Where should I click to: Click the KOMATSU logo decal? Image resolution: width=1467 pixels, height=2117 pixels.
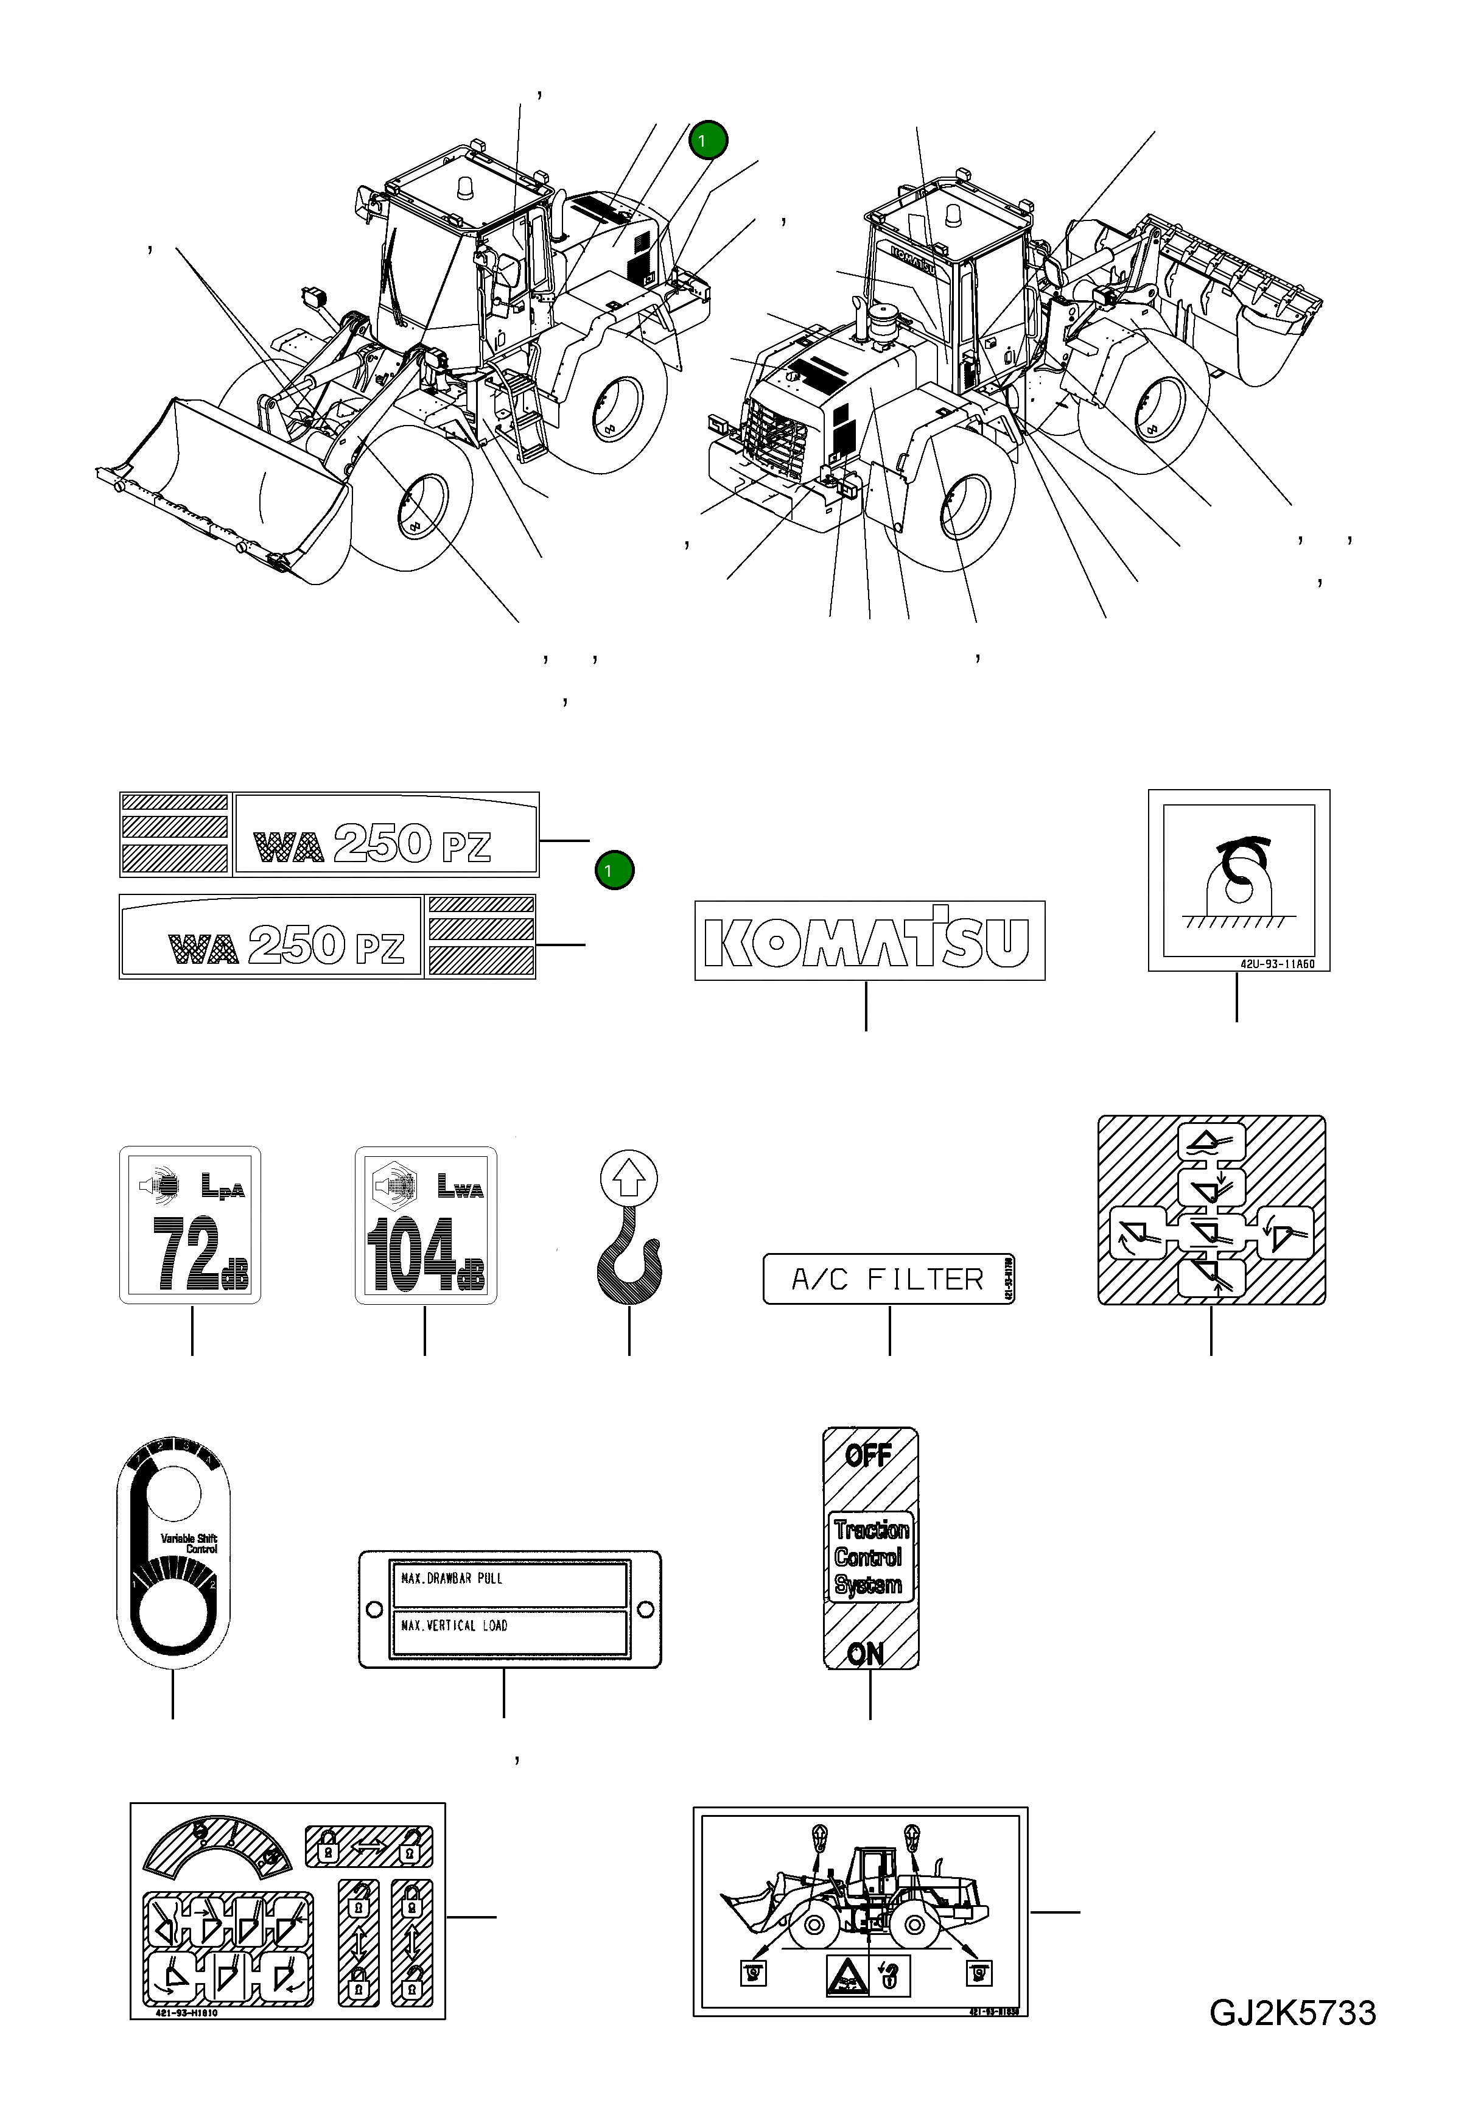(x=869, y=940)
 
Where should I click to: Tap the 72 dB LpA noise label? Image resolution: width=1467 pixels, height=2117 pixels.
(x=191, y=1224)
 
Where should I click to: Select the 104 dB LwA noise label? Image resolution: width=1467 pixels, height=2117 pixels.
(x=425, y=1224)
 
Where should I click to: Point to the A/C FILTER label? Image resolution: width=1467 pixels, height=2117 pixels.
(x=888, y=1279)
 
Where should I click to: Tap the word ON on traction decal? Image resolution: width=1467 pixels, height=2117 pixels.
(x=865, y=1654)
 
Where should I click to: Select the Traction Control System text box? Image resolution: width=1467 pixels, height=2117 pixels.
(x=870, y=1556)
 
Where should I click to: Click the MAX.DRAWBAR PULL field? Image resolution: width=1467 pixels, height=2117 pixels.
(x=508, y=1578)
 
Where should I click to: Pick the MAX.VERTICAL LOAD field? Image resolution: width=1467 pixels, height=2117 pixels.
(x=508, y=1625)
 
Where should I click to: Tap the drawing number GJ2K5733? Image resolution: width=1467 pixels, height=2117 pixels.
(x=1292, y=2013)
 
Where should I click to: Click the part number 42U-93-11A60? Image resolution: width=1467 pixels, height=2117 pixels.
(x=1276, y=965)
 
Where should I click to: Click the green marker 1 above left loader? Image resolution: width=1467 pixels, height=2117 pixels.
(x=709, y=141)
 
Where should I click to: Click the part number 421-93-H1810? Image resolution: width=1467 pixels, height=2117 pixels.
(x=175, y=2013)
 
